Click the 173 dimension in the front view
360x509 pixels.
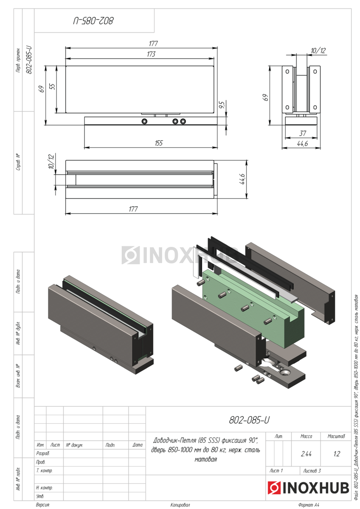coord(151,54)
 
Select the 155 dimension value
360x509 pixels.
coord(159,143)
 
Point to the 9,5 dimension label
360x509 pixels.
coord(222,104)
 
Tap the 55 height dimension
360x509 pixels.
coord(52,87)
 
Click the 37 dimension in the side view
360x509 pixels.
coord(303,133)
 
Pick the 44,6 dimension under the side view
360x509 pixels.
coord(302,143)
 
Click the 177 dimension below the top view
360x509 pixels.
coord(133,209)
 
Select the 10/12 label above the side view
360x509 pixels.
coord(318,50)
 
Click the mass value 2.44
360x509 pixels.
coord(306,453)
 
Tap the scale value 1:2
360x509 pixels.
coord(337,453)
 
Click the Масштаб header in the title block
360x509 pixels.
coord(336,436)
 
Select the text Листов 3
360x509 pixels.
coord(312,470)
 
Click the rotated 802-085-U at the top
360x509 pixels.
coord(93,21)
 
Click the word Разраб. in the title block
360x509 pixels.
coord(43,453)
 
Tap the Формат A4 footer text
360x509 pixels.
coord(309,505)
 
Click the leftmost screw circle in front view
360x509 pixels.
coord(144,121)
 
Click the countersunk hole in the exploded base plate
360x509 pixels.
coord(284,372)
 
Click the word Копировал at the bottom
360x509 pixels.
coord(180,505)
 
